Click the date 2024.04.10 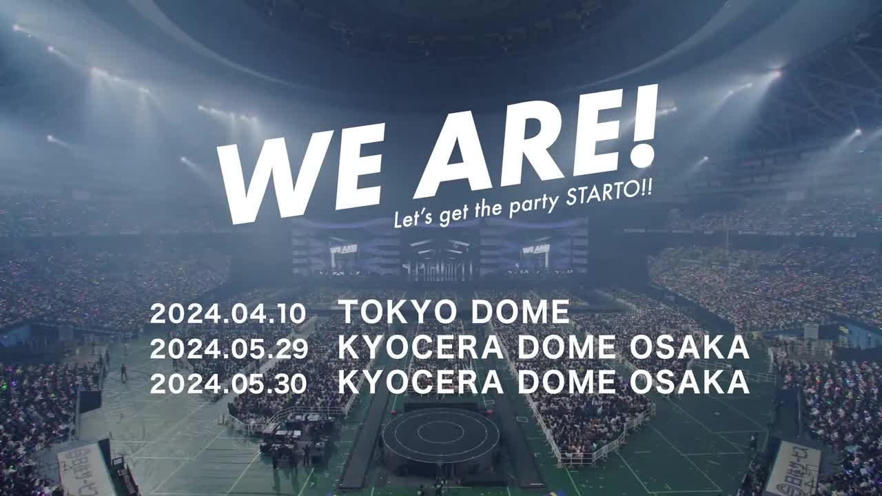[228, 313]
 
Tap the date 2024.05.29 [229, 349]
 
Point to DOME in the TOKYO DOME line [520, 312]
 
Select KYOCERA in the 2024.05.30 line [421, 382]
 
